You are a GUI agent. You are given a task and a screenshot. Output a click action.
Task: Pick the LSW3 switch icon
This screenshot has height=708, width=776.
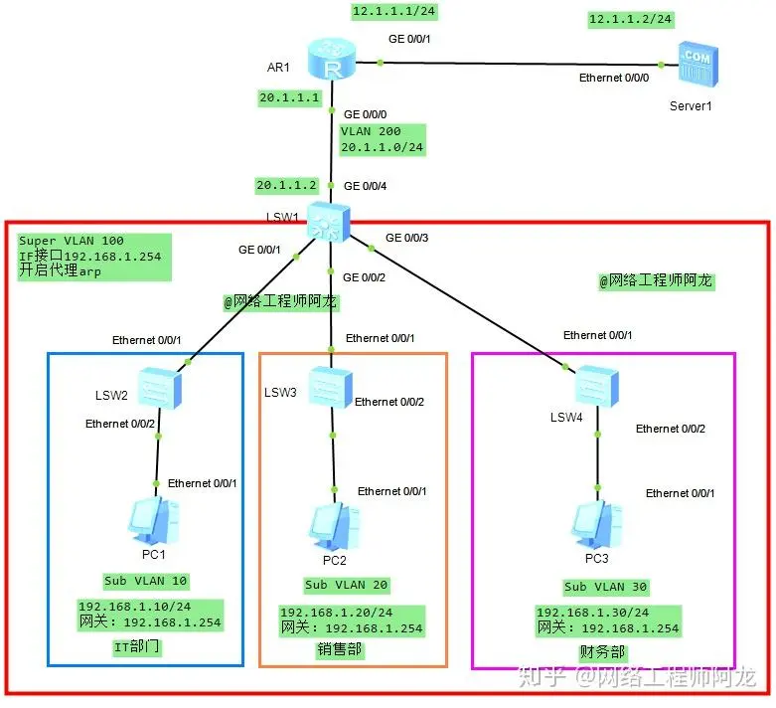tap(329, 386)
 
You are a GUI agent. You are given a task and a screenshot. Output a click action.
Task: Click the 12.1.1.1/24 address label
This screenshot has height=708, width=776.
tap(394, 12)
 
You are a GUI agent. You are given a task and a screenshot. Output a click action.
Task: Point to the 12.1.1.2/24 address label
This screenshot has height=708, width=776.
tap(630, 19)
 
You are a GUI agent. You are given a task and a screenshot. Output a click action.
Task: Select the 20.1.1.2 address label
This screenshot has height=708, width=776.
tap(287, 185)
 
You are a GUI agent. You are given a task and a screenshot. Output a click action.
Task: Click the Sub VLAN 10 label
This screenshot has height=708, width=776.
tap(145, 581)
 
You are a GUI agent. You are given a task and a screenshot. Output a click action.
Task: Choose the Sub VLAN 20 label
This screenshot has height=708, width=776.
tap(346, 585)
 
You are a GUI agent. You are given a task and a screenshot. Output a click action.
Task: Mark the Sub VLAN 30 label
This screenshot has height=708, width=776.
tap(605, 587)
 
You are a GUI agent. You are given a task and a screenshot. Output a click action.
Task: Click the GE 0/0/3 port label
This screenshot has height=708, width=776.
tap(407, 238)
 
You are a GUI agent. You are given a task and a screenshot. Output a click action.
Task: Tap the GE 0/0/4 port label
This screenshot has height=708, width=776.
tap(366, 185)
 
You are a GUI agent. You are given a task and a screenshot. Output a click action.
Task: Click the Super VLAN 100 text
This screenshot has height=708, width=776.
tap(72, 242)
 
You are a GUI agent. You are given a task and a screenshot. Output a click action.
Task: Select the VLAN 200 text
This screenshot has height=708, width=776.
tap(370, 131)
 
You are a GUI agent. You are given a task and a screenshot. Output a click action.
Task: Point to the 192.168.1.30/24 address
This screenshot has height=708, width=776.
tap(592, 613)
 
